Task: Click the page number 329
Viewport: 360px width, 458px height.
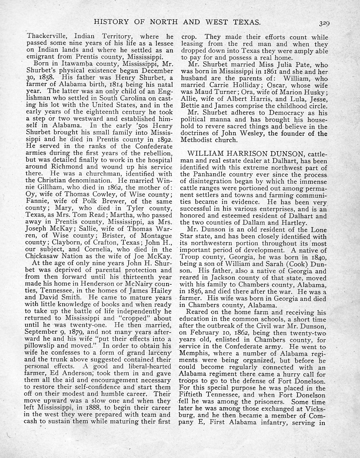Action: tap(323, 23)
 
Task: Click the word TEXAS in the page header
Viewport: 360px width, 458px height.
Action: tap(243, 22)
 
